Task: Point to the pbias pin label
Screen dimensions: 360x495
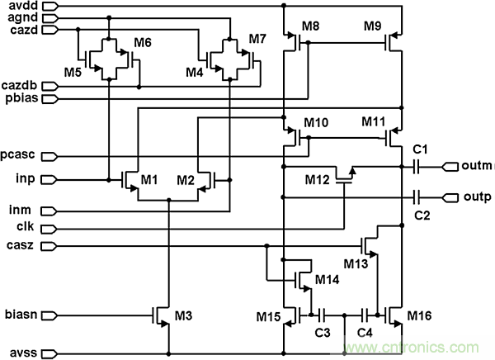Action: tap(17, 98)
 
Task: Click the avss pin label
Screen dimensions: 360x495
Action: tap(17, 352)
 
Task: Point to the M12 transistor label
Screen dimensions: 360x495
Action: tap(318, 180)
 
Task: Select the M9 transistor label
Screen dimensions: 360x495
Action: tap(375, 26)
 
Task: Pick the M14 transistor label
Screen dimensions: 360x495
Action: tap(328, 278)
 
